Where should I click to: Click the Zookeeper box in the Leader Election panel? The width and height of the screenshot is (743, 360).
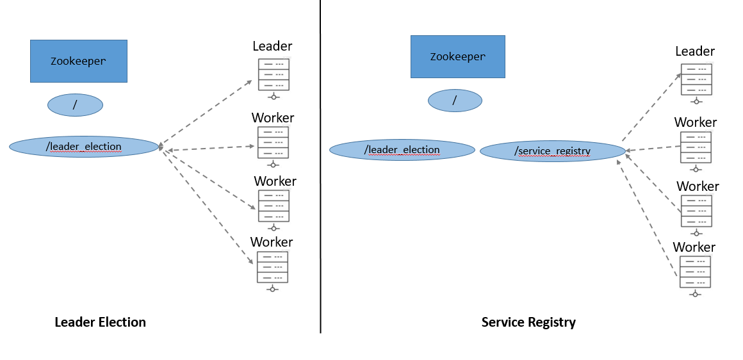78,61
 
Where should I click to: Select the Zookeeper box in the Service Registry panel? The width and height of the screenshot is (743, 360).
457,56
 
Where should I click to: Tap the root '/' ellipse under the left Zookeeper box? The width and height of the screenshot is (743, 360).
75,105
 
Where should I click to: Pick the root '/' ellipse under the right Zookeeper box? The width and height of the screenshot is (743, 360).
455,100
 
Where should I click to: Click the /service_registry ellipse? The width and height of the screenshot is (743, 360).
552,151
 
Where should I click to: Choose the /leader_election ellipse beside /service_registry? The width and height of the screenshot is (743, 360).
402,150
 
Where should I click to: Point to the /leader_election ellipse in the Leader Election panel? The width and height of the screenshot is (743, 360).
83,147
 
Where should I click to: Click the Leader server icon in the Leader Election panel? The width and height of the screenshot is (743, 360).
274,75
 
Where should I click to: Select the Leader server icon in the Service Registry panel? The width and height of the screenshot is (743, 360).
696,79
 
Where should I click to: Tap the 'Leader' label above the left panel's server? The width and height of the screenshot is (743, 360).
272,46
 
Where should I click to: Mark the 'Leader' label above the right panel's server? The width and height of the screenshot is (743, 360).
695,51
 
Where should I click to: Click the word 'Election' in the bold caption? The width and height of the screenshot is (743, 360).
122,322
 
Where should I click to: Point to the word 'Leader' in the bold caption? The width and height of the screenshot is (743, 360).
76,322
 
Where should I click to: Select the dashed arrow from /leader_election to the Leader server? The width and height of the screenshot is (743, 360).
205,113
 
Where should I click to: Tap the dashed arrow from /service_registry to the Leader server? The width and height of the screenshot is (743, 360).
652,107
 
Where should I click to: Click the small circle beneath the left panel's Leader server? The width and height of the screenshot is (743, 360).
274,97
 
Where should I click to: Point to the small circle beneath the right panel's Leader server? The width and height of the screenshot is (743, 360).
696,102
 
